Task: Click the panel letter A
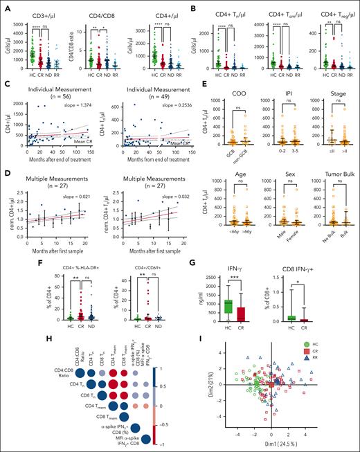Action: [x=6, y=6]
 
